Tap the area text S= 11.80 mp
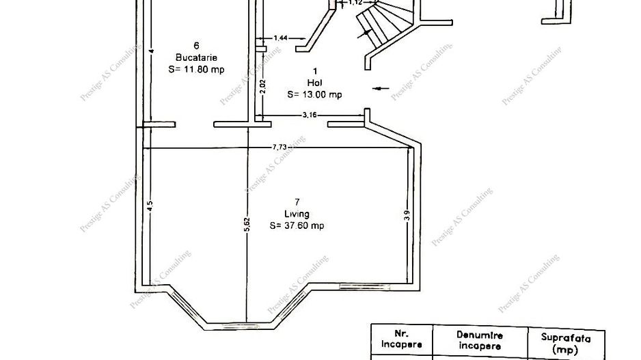(196, 69)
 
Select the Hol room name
(314, 83)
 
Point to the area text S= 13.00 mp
(314, 95)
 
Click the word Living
(297, 214)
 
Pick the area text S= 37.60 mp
(297, 226)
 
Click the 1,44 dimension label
(280, 38)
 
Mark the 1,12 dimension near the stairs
(356, 3)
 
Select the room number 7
(297, 202)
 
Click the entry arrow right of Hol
(381, 88)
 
